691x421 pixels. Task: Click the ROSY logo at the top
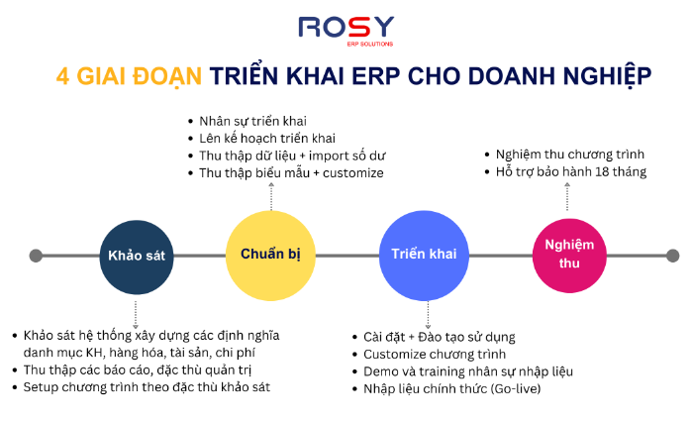point(345,31)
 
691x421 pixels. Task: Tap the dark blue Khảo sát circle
point(137,257)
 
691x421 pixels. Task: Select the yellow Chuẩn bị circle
point(270,256)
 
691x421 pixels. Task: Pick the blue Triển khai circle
point(424,256)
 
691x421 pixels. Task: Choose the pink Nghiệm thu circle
point(569,256)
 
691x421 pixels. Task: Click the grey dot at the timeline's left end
point(36,256)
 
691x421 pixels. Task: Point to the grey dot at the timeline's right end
point(672,256)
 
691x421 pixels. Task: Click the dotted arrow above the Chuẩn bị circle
point(271,196)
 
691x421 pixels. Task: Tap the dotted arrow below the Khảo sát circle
point(136,315)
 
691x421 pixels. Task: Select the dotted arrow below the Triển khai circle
point(428,315)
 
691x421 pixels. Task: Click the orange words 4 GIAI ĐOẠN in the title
point(129,76)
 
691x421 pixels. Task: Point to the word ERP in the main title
point(375,76)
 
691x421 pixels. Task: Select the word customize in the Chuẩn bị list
point(353,172)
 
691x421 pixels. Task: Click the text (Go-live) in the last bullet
point(517,389)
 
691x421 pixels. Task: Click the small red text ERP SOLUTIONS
point(369,45)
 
